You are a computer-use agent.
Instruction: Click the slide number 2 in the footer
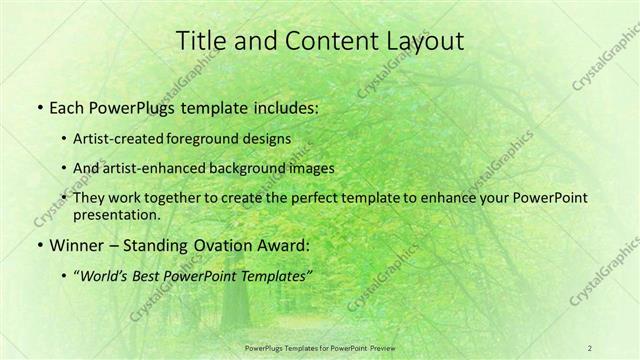coord(590,347)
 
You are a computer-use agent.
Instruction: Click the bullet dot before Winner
coord(38,245)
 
